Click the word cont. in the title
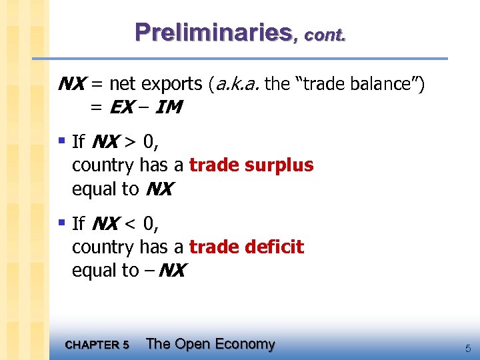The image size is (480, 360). click(325, 34)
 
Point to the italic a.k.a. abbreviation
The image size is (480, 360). click(237, 84)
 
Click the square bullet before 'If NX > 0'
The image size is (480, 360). click(61, 140)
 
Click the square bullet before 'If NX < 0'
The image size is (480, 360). click(61, 222)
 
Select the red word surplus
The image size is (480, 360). click(281, 165)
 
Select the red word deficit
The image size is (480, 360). click(276, 247)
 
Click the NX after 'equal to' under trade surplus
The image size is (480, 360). click(159, 189)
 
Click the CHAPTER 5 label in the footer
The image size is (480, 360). click(97, 345)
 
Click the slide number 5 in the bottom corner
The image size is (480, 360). click(467, 347)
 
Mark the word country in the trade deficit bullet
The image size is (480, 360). click(103, 247)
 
